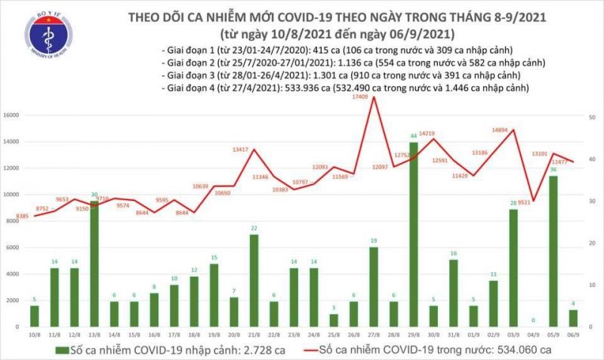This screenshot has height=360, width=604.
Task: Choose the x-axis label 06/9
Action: click(575, 334)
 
